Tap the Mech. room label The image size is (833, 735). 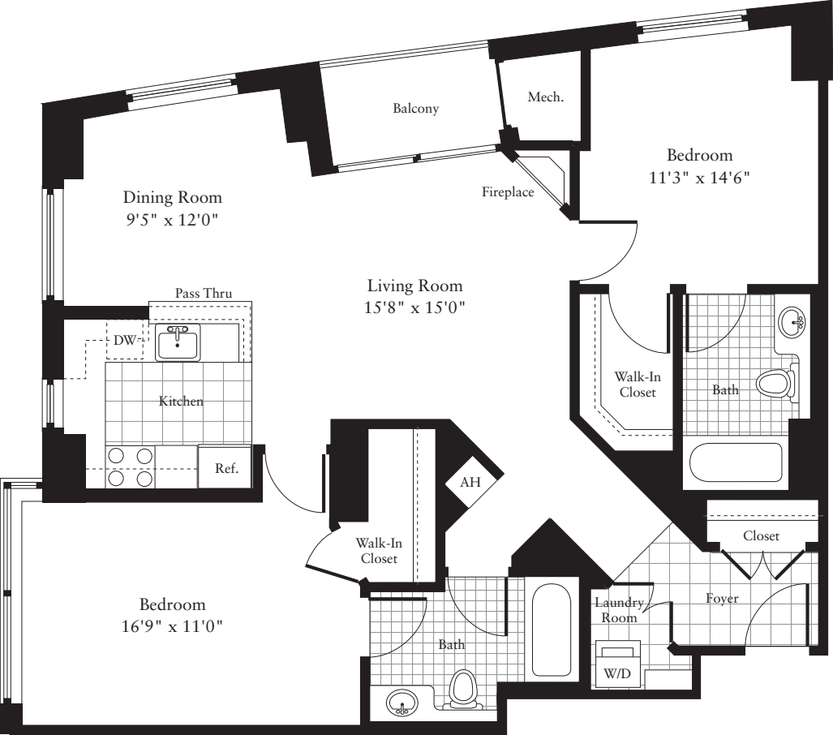(x=545, y=97)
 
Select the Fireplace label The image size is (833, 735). (x=508, y=192)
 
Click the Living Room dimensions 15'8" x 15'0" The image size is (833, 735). (x=415, y=308)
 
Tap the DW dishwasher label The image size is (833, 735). (x=124, y=341)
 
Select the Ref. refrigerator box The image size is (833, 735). (x=225, y=468)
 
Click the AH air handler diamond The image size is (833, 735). (x=470, y=482)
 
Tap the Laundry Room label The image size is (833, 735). (x=619, y=610)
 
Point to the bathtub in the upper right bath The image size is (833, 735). (x=736, y=462)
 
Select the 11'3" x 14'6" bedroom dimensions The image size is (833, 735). (x=699, y=177)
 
